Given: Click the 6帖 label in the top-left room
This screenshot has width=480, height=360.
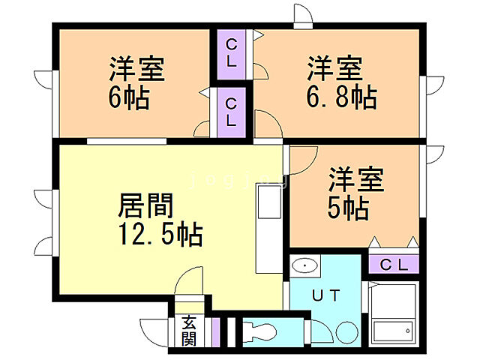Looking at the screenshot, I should click(x=129, y=98).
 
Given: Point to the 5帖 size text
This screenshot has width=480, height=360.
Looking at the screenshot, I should click(x=348, y=208).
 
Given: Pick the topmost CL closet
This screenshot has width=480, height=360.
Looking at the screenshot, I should click(x=231, y=52).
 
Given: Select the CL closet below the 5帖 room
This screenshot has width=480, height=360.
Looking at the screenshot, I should click(x=393, y=264).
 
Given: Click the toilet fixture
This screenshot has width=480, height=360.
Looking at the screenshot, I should click(x=258, y=331).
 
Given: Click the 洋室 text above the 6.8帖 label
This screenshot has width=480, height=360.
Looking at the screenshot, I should click(x=334, y=69).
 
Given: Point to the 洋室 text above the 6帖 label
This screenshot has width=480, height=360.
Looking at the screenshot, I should click(x=136, y=70).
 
